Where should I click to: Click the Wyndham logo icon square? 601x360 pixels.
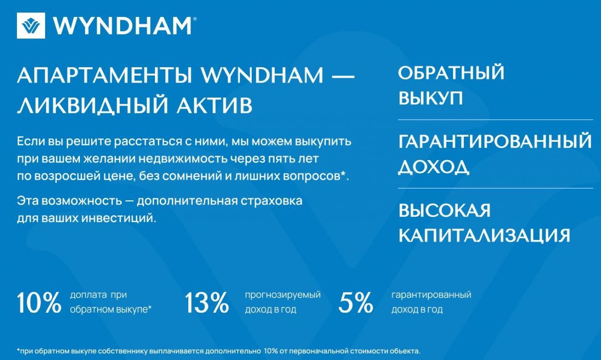pyautogui.click(x=31, y=25)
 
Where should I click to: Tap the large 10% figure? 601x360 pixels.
pyautogui.click(x=39, y=303)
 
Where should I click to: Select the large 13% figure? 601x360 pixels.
pyautogui.click(x=207, y=303)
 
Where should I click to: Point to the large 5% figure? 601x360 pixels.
pyautogui.click(x=356, y=303)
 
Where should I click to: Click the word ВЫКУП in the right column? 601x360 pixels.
pyautogui.click(x=431, y=98)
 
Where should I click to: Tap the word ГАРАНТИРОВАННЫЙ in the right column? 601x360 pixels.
pyautogui.click(x=495, y=141)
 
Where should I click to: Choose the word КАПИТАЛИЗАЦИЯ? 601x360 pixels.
pyautogui.click(x=484, y=236)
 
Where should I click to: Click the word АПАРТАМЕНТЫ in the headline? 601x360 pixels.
pyautogui.click(x=105, y=76)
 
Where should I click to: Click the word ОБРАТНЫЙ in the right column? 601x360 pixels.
pyautogui.click(x=451, y=72)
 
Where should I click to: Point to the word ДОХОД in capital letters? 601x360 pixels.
pyautogui.click(x=434, y=167)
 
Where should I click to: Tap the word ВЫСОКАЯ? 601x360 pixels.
pyautogui.click(x=444, y=210)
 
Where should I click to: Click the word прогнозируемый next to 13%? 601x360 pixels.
pyautogui.click(x=283, y=295)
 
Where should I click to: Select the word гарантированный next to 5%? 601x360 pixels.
pyautogui.click(x=431, y=295)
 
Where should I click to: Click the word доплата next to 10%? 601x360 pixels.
pyautogui.click(x=89, y=295)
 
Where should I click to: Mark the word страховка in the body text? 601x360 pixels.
pyautogui.click(x=271, y=201)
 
